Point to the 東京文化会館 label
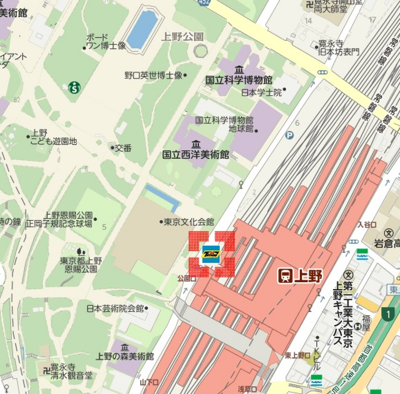tap(189, 222)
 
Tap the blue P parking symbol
tap(289, 135)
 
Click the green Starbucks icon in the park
tap(74, 88)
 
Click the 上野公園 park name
tap(182, 36)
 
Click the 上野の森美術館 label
tap(125, 356)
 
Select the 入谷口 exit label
tap(367, 225)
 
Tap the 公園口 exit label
tap(186, 278)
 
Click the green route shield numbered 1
tap(388, 314)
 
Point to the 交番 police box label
tap(123, 148)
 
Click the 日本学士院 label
tap(261, 92)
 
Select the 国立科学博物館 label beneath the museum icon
tap(239, 80)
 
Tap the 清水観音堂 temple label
tap(71, 376)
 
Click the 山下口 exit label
tap(149, 382)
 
